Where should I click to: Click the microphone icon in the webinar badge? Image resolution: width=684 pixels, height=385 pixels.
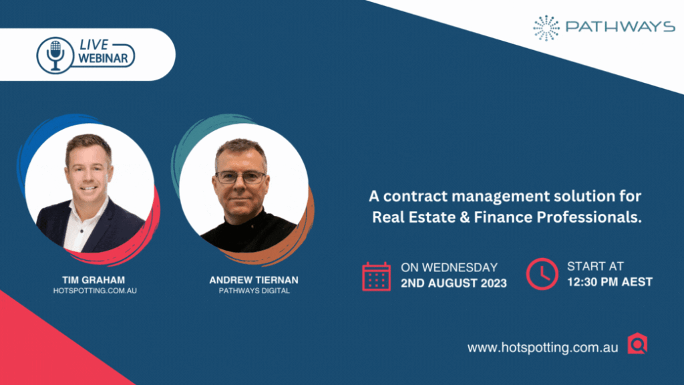55,55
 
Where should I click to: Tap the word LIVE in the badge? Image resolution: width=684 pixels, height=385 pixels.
94,45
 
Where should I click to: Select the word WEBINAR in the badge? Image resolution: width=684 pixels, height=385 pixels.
103,58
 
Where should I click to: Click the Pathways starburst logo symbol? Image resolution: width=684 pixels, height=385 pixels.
546,28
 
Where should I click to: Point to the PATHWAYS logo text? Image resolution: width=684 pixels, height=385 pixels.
621,27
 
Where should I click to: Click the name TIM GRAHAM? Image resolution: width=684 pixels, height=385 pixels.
94,280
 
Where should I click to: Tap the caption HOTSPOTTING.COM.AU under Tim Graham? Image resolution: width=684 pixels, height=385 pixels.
95,291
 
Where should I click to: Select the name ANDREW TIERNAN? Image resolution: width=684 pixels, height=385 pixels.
254,280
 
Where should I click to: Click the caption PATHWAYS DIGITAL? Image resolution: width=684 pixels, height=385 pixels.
254,291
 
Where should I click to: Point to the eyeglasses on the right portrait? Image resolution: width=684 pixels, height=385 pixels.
240,177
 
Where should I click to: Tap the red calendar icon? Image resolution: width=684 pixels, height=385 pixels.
376,276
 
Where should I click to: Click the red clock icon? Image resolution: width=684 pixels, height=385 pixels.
542,274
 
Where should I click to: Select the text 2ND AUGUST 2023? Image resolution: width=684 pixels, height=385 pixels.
454,283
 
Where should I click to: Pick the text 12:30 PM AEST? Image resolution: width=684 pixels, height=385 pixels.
610,282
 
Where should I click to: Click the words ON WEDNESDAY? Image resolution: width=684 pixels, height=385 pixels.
450,267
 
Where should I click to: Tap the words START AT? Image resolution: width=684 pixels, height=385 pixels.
595,266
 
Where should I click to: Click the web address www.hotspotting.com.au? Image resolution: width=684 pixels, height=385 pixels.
542,348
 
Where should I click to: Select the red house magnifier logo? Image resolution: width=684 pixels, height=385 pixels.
637,344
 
